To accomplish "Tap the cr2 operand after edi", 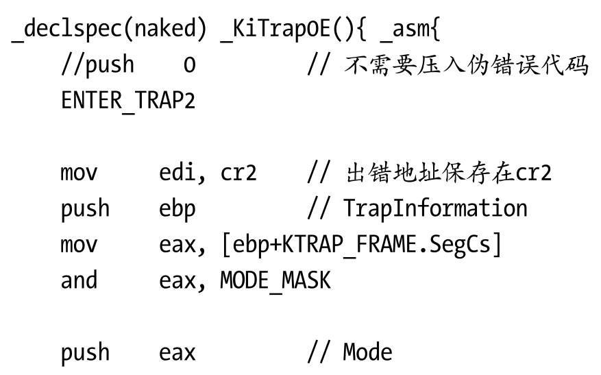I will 238,173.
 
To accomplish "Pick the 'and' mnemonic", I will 79,280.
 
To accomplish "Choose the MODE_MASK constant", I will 275,280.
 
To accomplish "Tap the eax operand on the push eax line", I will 177,352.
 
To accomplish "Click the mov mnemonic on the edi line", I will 79,173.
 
